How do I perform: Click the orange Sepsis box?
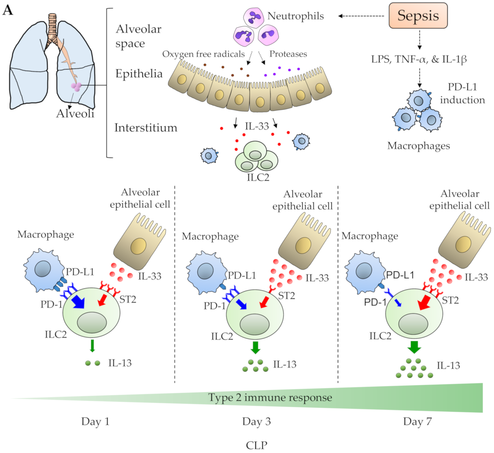[x=418, y=16]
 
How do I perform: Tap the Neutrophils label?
[x=295, y=16]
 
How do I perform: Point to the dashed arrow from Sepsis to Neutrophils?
[x=361, y=16]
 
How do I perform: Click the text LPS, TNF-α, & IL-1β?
[x=419, y=59]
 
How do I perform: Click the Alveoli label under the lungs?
[x=75, y=114]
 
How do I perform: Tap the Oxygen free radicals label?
[x=203, y=54]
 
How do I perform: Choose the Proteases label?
[x=288, y=54]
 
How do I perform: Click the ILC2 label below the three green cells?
[x=258, y=177]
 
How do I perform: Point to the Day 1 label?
[x=95, y=422]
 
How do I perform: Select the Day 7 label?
[x=417, y=422]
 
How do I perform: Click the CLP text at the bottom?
[x=256, y=445]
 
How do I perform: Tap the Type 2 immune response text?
[x=270, y=397]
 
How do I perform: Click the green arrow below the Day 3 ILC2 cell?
[x=255, y=347]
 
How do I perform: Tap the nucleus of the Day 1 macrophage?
[x=43, y=269]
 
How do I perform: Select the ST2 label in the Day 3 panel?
[x=287, y=296]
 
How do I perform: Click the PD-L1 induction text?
[x=462, y=94]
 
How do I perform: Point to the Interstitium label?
[x=146, y=128]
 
